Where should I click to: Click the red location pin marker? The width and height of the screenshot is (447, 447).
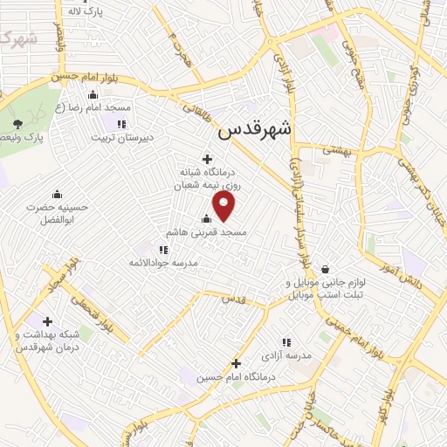(x=224, y=207)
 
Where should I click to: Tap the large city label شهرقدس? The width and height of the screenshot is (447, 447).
(x=256, y=129)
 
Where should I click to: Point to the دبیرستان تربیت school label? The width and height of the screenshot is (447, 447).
(x=124, y=137)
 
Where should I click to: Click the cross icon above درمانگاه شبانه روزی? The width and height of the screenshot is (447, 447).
(x=207, y=159)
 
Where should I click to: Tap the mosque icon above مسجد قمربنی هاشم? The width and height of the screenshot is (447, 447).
(x=206, y=219)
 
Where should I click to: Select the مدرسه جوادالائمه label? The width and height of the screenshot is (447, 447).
(x=164, y=263)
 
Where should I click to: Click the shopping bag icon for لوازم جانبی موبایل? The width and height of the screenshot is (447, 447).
(x=326, y=269)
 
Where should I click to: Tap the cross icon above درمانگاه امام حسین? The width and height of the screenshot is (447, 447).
(x=235, y=363)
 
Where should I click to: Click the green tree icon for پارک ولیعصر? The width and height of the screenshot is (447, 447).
(x=17, y=124)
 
